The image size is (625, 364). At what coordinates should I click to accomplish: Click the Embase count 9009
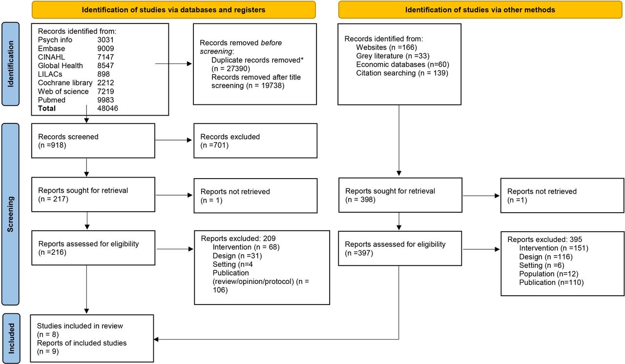(x=105, y=48)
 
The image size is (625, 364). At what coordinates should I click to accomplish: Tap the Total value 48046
(x=107, y=108)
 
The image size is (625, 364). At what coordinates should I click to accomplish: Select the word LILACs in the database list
(x=50, y=74)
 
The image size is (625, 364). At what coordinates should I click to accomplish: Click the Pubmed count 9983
(x=105, y=100)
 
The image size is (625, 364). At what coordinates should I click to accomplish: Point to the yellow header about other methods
(x=480, y=10)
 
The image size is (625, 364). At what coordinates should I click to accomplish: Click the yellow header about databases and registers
(x=173, y=10)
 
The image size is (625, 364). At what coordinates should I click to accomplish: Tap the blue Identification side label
(x=11, y=64)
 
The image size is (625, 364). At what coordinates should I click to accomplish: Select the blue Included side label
(x=11, y=338)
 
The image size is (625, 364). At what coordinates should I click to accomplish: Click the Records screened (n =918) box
(x=93, y=141)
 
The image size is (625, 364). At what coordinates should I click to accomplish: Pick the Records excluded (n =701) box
(x=255, y=141)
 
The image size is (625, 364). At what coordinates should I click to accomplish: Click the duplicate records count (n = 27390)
(x=231, y=69)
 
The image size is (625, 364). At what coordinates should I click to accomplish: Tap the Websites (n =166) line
(x=386, y=47)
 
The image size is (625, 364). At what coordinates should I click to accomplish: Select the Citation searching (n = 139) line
(x=402, y=73)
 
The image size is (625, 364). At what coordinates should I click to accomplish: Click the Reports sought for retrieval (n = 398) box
(x=400, y=195)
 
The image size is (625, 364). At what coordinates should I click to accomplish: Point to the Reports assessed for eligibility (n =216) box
(x=93, y=248)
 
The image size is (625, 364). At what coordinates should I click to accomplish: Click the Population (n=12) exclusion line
(x=548, y=274)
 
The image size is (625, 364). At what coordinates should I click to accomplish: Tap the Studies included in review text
(x=80, y=326)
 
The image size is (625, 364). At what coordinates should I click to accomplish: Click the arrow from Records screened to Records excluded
(x=173, y=140)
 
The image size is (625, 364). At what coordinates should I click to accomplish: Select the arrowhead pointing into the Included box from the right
(x=156, y=339)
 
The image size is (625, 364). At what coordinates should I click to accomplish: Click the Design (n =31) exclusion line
(x=237, y=256)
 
